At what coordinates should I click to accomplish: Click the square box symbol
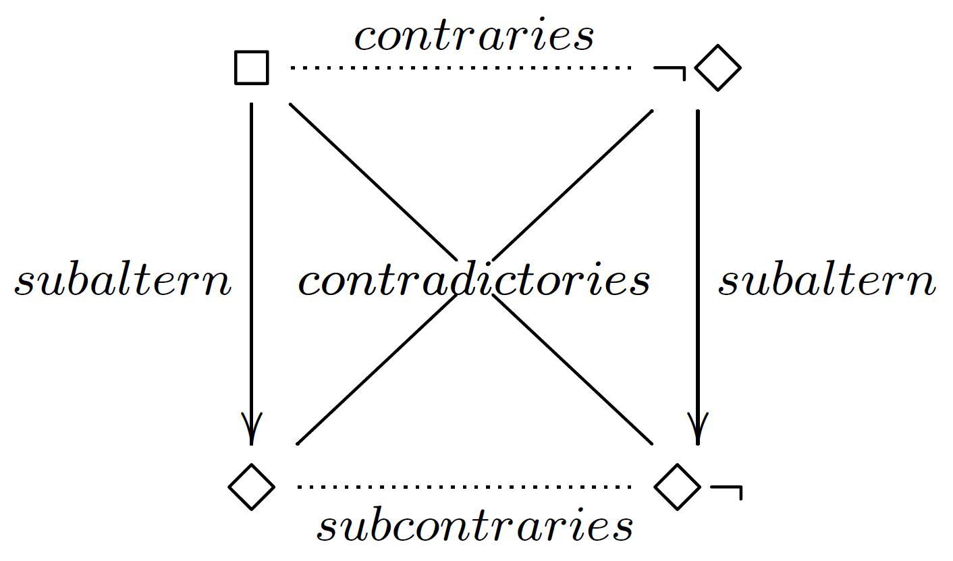[252, 68]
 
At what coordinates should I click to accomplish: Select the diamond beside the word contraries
[717, 68]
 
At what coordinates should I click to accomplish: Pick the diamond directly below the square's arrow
[252, 486]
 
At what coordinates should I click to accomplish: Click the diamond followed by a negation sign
[678, 486]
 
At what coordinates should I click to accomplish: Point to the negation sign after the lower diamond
[728, 490]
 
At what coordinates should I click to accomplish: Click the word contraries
[474, 36]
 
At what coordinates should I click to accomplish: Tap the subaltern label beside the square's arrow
[123, 282]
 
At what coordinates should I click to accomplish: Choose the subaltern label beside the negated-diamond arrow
[827, 282]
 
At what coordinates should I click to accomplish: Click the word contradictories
[474, 281]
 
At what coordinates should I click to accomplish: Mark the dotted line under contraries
[460, 68]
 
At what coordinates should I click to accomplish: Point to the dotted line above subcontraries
[464, 486]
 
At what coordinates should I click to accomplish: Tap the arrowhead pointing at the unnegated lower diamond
[252, 429]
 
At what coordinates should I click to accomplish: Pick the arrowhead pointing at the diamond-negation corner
[698, 429]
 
